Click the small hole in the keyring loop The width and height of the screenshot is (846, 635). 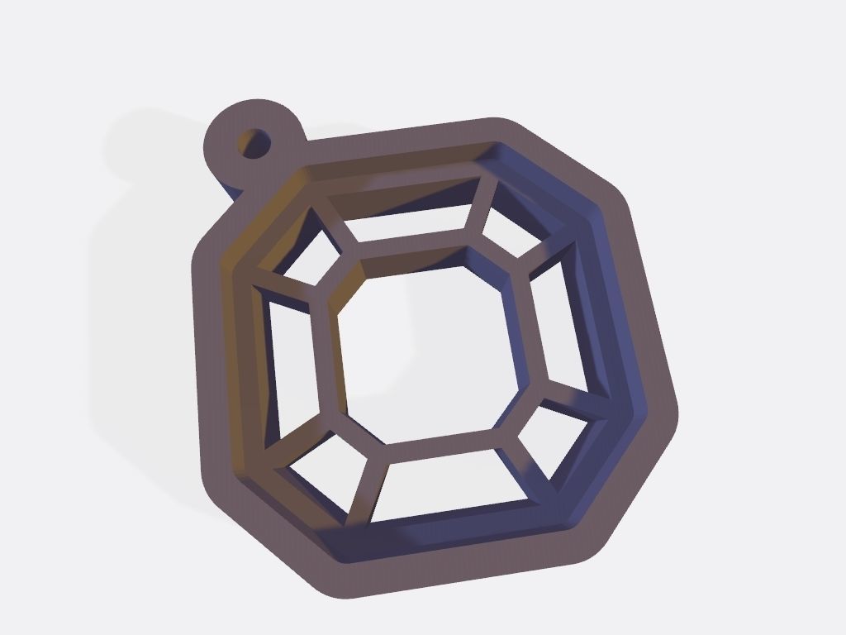tap(254, 143)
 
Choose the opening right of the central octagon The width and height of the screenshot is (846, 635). tap(562, 331)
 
